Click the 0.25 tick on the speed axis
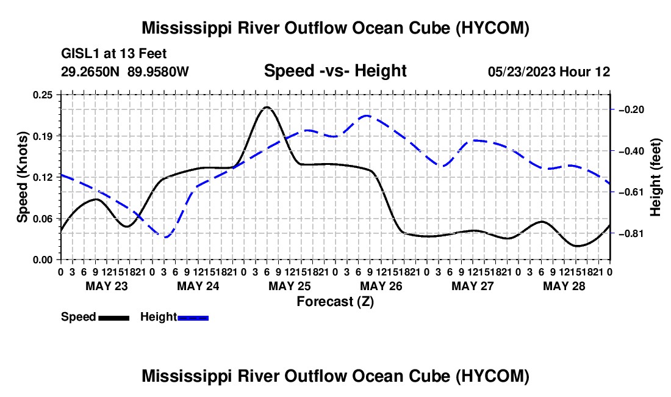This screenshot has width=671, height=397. tap(43, 95)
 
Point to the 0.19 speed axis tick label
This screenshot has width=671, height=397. tap(43, 136)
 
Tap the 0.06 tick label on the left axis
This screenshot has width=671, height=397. tap(43, 219)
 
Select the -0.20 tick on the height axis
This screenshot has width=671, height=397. tap(631, 110)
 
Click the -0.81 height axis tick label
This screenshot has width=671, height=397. tap(631, 233)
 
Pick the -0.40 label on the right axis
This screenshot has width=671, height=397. tap(631, 151)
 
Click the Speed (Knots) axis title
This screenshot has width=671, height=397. tap(22, 177)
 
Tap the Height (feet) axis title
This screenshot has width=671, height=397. tap(655, 177)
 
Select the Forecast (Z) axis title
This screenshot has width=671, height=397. tap(335, 302)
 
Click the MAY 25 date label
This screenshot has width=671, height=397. tap(290, 286)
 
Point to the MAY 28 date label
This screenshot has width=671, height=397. tap(564, 286)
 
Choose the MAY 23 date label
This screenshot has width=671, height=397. tap(107, 286)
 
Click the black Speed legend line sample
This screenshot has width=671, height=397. tap(114, 318)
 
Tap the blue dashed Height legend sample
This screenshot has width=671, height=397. tap(193, 318)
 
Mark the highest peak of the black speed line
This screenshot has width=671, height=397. tap(267, 107)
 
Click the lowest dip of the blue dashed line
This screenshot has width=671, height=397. tap(166, 237)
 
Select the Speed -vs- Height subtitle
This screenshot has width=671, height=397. tap(335, 71)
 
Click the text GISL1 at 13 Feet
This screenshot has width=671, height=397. tap(114, 54)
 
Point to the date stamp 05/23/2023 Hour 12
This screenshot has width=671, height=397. tap(549, 71)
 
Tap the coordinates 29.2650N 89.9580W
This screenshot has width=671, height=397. tap(125, 71)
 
